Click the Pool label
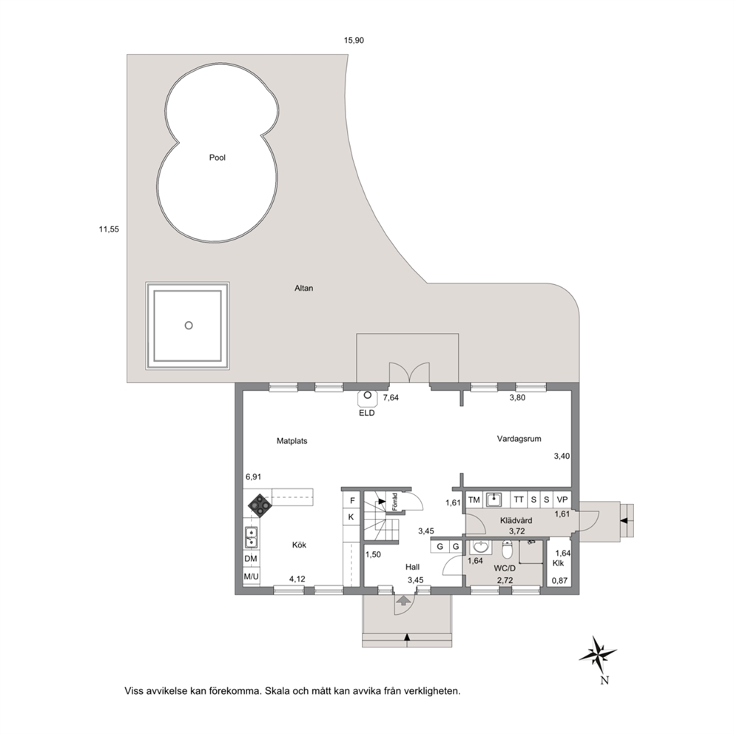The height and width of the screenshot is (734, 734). (x=218, y=158)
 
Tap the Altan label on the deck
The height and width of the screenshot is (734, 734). (x=304, y=289)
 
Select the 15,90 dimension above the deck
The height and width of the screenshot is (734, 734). (x=354, y=40)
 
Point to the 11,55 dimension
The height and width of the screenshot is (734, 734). (x=109, y=229)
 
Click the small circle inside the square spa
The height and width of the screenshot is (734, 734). (x=189, y=326)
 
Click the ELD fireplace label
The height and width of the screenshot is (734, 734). (x=366, y=414)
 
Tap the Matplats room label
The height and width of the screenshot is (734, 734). (x=292, y=441)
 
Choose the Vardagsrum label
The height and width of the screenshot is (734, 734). (x=519, y=439)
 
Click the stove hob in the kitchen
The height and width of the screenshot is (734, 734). (x=259, y=505)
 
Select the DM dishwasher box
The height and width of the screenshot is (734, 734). (x=251, y=559)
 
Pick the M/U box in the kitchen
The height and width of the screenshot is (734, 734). (x=251, y=576)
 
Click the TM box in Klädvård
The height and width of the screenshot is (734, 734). (x=474, y=500)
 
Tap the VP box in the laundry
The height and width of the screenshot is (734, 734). (x=562, y=500)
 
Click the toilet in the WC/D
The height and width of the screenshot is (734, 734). (x=508, y=550)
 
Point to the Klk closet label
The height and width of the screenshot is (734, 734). (x=558, y=563)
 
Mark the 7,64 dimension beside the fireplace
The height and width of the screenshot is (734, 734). (x=391, y=398)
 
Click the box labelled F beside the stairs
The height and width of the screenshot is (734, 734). (x=352, y=500)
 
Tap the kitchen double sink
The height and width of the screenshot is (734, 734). (x=252, y=537)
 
